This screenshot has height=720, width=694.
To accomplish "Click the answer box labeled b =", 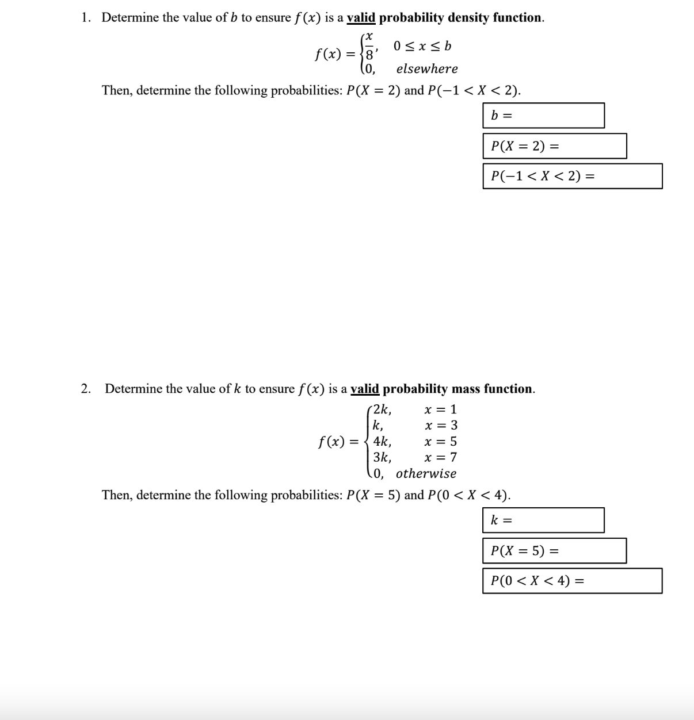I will [x=543, y=116].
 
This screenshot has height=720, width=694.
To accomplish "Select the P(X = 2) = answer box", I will [x=554, y=146].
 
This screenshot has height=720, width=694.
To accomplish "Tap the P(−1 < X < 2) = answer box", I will [x=572, y=176].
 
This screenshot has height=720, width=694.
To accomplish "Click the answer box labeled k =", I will [x=543, y=520].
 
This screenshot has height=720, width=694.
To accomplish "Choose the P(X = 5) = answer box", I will [x=554, y=551].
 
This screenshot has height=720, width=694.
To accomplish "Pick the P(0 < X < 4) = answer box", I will [x=572, y=581].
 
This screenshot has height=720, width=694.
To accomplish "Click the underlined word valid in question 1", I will [x=361, y=17].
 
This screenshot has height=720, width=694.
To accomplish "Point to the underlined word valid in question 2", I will [x=365, y=389].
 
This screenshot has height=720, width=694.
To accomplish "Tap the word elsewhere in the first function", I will [x=427, y=69].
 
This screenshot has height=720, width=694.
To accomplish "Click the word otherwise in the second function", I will [x=426, y=474].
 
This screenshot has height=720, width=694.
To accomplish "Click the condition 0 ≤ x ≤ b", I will [x=422, y=45].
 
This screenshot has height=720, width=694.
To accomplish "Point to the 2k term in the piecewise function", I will [x=382, y=410].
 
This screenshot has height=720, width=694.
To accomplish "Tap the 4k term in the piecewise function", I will [x=382, y=442].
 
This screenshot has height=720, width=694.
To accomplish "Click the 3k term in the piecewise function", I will [x=382, y=458].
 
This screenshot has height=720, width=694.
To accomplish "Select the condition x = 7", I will [x=440, y=458].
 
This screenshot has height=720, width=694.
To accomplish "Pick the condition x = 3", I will [x=441, y=426].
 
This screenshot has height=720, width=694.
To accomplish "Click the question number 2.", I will [x=86, y=389].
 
